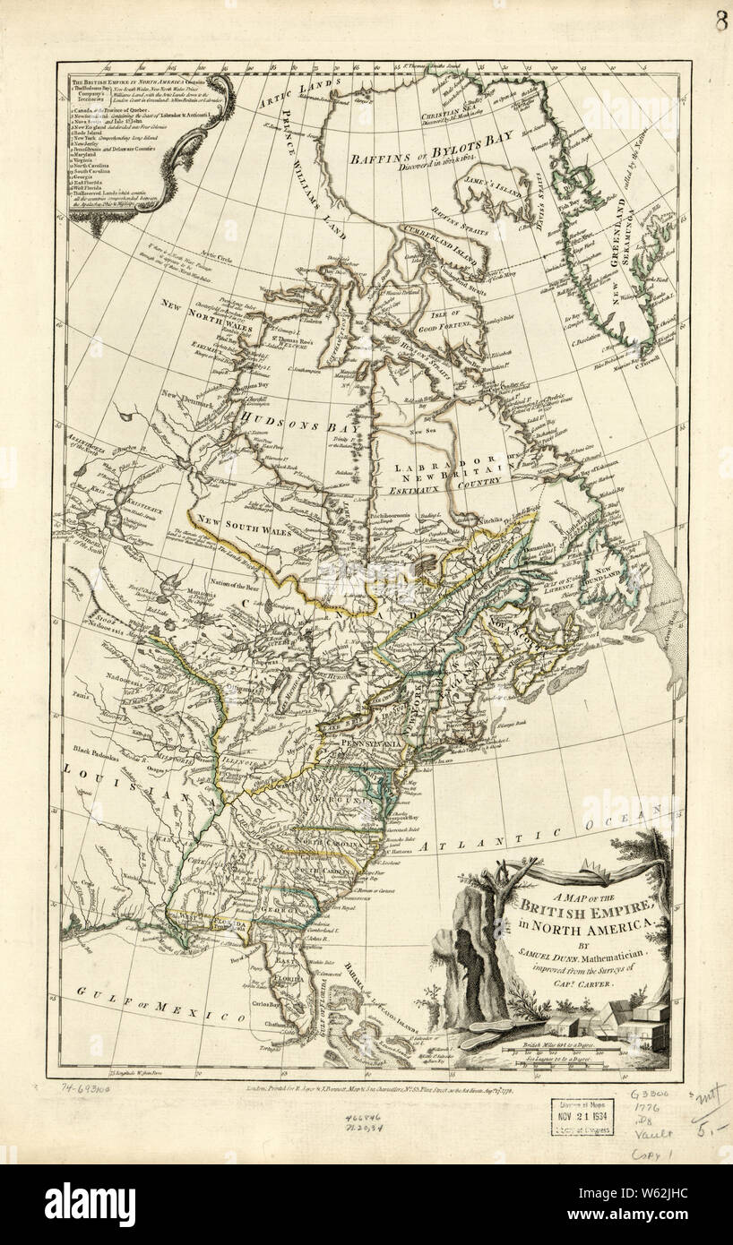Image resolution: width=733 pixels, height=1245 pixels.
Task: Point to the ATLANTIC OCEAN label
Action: click(x=538, y=836)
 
